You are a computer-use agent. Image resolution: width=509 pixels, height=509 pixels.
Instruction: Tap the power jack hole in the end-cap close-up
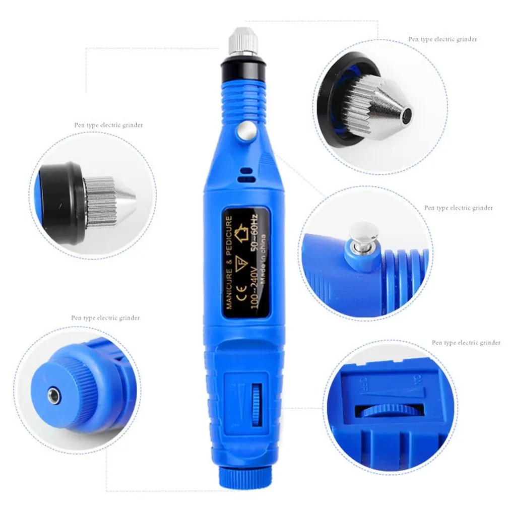tap(54, 397)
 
